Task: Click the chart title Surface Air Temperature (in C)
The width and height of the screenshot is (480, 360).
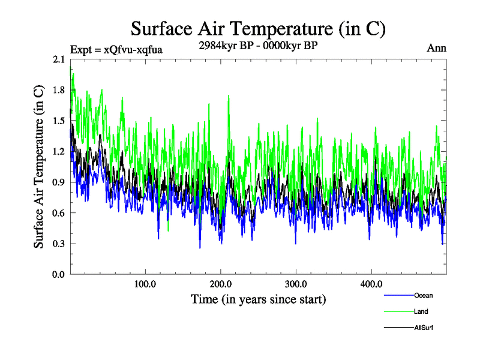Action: [258, 28]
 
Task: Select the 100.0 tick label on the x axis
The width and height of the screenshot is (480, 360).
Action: [145, 284]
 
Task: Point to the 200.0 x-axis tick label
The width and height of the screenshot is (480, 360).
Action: [221, 284]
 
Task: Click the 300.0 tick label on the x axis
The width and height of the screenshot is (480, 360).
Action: [296, 284]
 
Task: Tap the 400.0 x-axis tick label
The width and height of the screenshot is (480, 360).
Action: [371, 284]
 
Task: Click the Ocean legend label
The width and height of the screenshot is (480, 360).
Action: [423, 295]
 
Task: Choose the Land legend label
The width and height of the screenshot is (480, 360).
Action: [421, 311]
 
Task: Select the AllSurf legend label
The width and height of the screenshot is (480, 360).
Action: [424, 328]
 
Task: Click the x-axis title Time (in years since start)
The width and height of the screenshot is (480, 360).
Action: [258, 299]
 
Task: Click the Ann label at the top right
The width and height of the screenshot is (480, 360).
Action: [436, 48]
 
